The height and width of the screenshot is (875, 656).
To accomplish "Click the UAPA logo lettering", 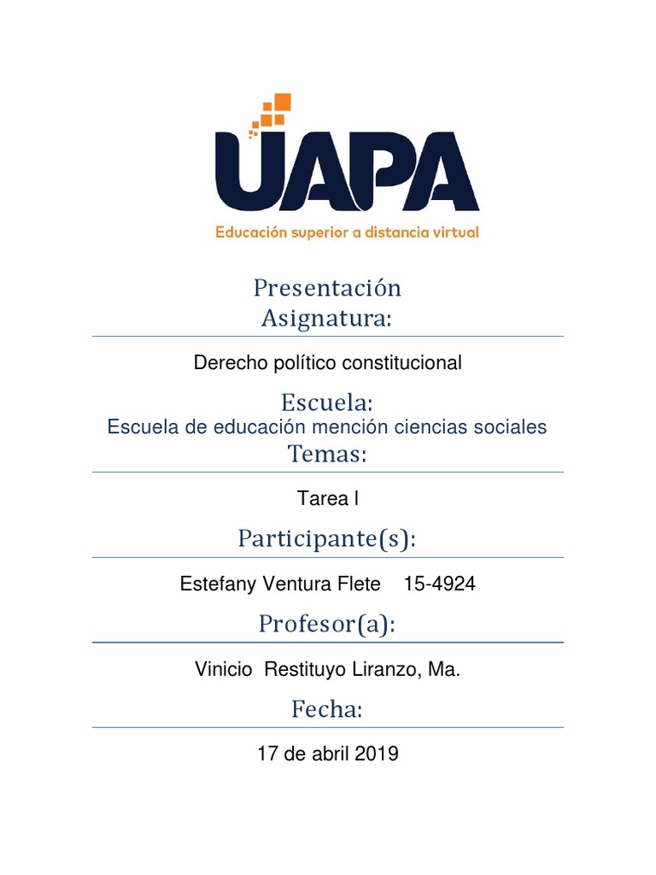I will pos(347,171).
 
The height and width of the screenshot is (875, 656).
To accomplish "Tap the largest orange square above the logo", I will pos(283,102).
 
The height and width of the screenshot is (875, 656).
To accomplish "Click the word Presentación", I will pos(327,289).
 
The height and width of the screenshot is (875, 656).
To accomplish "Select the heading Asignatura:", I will pos(326,319).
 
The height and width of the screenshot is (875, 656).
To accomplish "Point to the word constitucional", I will pos(401,363).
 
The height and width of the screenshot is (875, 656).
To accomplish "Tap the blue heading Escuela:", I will pos(327,402).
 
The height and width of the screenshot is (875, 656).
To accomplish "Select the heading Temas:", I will pos(327,455).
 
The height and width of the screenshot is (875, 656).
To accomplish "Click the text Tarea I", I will pos(327,498).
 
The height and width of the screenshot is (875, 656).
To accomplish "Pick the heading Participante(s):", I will pos(327,539).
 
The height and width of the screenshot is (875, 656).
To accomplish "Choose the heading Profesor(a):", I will pos(327,625).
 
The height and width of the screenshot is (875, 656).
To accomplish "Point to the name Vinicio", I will pos(224,671).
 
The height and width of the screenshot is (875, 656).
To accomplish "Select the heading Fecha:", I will pos(327,709).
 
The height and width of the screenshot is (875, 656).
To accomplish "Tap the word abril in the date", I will pos(331,755).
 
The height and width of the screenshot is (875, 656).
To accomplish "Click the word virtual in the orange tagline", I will pos(455,232).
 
